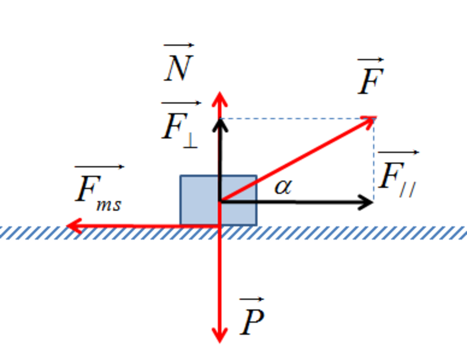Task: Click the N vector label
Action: (x=179, y=66)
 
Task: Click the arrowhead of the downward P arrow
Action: (x=220, y=337)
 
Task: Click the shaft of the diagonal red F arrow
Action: (x=296, y=160)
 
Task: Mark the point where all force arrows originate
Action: (x=220, y=201)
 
